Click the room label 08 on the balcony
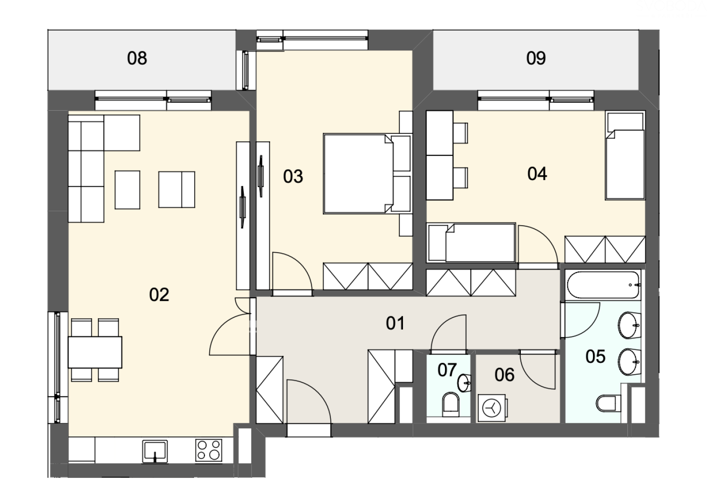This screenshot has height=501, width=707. pos(137,58)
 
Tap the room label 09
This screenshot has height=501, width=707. pos(536,58)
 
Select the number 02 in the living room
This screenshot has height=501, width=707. pos(159,295)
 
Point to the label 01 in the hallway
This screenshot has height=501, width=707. pos(395,323)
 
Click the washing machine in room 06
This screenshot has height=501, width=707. pos(493,408)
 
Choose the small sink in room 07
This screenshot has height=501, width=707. pos(464,383)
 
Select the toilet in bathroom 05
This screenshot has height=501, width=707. pos(609,403)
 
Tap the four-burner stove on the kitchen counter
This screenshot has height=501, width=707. pos(209,451)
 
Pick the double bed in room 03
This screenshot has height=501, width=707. pos(368,174)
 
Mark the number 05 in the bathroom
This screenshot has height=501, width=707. pos(595,357)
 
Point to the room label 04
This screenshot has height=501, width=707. pos(537,174)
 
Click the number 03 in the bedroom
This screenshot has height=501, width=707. pos(293,176)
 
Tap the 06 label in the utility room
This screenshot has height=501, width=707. pos(504,375)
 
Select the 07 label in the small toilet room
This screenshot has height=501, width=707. pos(447,370)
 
